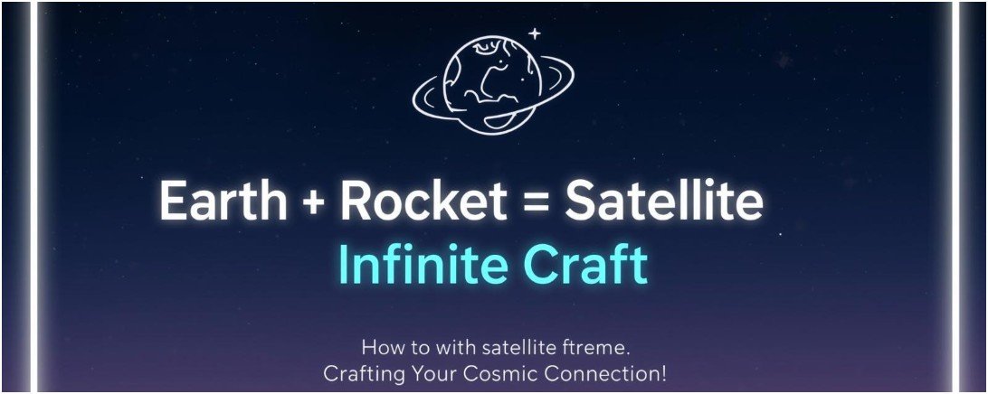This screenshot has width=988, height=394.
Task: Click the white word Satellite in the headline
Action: point(663,202)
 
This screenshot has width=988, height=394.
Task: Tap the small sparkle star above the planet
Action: point(535,34)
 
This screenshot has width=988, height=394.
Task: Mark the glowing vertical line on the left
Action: point(35,197)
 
